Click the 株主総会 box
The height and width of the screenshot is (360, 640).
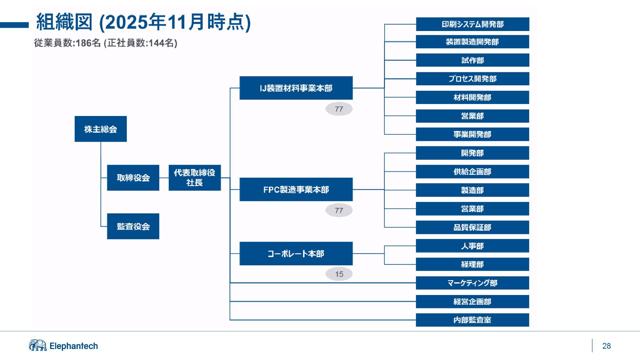click(101, 129)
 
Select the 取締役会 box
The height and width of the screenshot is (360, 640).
click(133, 178)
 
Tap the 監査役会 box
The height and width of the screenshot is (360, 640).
click(133, 226)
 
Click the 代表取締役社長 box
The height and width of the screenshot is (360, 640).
click(195, 178)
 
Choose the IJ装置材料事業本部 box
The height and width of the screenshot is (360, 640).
click(296, 88)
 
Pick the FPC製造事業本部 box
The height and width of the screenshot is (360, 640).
click(296, 189)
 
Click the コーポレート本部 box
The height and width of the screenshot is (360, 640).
click(296, 254)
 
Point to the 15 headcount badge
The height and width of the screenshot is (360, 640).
click(339, 274)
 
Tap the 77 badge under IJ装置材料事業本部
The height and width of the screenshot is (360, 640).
click(339, 109)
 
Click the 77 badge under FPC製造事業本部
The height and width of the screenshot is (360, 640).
click(339, 210)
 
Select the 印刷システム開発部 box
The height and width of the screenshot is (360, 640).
click(472, 24)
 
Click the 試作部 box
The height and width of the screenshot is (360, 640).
click(472, 60)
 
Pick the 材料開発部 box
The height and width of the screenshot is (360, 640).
click(472, 97)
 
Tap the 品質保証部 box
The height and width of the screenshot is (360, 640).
click(472, 227)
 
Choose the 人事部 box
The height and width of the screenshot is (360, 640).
click(472, 246)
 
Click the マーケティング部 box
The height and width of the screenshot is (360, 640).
click(472, 283)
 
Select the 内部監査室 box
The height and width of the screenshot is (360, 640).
click(472, 320)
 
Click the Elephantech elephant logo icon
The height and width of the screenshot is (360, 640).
click(38, 346)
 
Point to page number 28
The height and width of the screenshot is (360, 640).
click(606, 346)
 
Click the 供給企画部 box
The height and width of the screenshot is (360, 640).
click(472, 172)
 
